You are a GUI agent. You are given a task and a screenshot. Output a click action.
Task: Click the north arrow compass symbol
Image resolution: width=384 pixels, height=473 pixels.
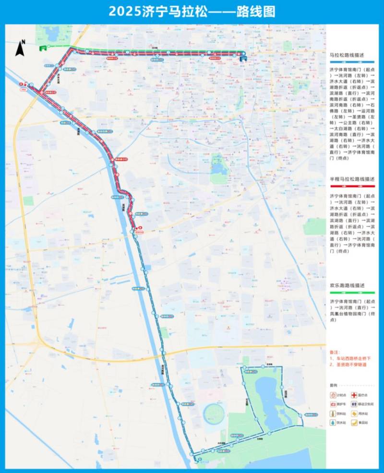[21, 48]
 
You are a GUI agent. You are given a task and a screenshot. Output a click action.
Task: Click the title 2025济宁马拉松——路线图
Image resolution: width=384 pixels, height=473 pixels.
[192, 12]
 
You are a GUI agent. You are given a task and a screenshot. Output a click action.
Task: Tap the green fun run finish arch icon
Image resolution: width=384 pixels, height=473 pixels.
[44, 47]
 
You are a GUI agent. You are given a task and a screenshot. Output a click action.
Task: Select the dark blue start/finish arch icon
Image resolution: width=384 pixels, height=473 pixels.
[243, 57]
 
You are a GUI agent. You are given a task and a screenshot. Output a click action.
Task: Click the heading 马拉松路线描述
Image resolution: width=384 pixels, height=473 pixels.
[345, 56]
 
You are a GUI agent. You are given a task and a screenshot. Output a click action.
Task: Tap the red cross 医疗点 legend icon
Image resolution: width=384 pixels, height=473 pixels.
[356, 395]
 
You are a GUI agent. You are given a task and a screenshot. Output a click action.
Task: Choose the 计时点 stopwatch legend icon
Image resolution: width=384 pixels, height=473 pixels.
[333, 395]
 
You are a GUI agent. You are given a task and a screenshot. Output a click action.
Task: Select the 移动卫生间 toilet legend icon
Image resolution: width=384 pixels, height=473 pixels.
[356, 404]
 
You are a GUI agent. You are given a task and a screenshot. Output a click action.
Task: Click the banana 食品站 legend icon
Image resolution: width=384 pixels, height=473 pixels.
[356, 423]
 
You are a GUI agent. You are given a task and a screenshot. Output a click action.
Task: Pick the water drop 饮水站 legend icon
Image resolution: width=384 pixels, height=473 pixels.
[333, 423]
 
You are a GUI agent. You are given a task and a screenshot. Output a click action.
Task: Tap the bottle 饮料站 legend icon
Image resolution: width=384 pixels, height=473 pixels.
[333, 413]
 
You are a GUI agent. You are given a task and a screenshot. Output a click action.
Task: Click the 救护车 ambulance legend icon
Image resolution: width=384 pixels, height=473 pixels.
[333, 404]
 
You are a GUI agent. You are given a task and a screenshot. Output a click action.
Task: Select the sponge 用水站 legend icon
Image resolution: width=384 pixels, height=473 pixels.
[356, 413]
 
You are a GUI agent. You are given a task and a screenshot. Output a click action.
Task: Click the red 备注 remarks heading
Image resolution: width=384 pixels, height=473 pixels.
[335, 351]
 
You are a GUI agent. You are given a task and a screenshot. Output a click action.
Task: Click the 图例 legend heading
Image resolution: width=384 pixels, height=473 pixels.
[333, 385]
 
